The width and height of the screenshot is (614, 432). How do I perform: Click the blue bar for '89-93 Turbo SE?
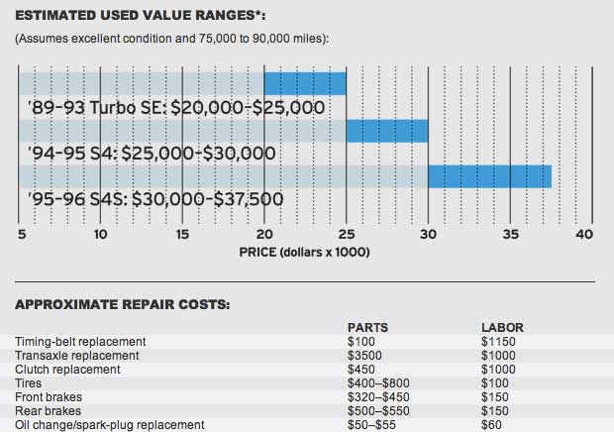(305, 83)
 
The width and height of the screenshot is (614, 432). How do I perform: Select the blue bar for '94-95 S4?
(386, 131)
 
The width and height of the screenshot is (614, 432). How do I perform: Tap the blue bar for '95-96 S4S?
(489, 176)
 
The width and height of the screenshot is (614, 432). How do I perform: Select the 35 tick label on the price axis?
(509, 235)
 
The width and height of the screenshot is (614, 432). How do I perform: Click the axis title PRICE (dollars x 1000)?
(304, 253)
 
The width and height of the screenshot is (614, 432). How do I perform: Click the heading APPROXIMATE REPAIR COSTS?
(122, 304)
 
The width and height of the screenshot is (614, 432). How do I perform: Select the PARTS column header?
(366, 327)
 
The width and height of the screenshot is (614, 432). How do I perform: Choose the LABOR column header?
(501, 327)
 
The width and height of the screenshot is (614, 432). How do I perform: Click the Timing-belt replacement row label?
(80, 342)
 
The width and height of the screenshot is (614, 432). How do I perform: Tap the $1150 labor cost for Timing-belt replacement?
(497, 342)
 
